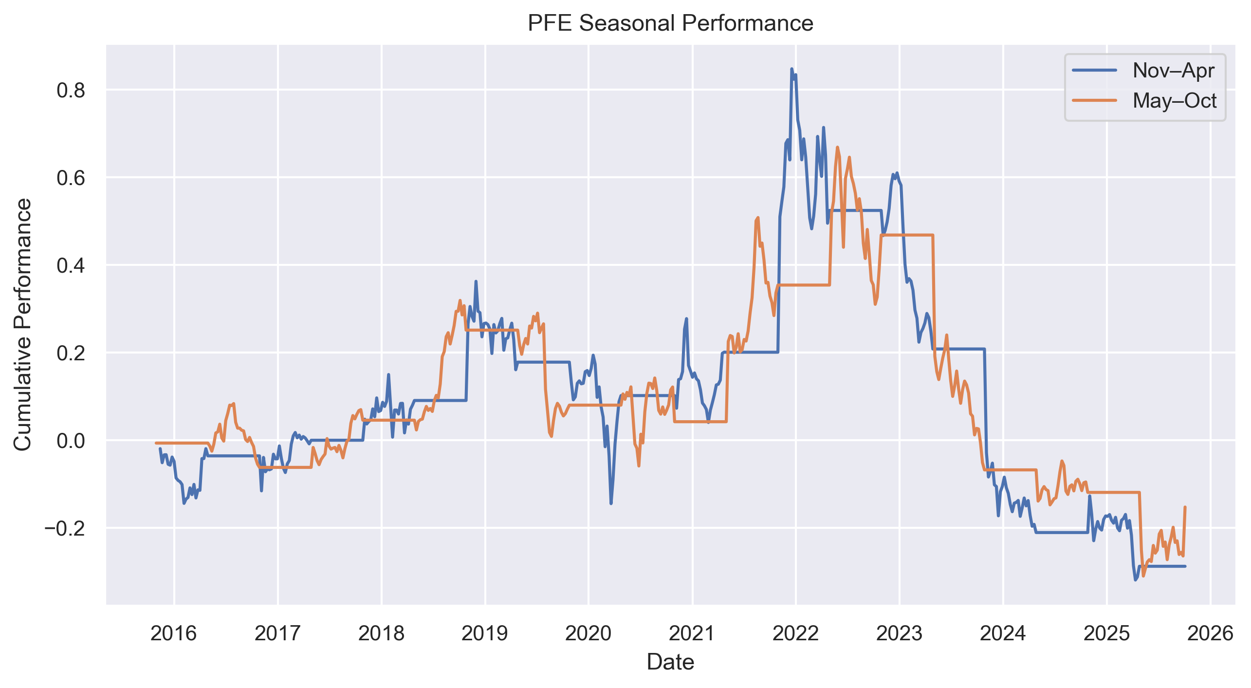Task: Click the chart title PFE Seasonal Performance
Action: click(670, 23)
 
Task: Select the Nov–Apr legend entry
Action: click(1173, 71)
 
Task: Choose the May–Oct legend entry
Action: click(1174, 101)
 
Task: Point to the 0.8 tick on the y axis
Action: click(71, 91)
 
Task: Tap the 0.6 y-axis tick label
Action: click(71, 178)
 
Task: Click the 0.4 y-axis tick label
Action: click(71, 265)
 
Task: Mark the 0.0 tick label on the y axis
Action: click(71, 441)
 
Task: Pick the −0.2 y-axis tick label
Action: click(65, 528)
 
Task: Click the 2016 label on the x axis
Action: click(174, 633)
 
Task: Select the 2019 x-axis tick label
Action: click(485, 633)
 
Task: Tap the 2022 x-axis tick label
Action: click(796, 633)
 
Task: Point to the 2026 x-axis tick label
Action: click(1211, 633)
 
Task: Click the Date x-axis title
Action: click(670, 662)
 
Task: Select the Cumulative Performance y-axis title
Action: click(23, 324)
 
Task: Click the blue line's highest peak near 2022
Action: click(791, 69)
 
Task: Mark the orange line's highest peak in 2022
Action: click(837, 147)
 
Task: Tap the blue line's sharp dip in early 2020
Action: click(611, 503)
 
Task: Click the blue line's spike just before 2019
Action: click(476, 281)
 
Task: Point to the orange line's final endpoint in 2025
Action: click(1185, 507)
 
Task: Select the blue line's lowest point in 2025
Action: click(1136, 580)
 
